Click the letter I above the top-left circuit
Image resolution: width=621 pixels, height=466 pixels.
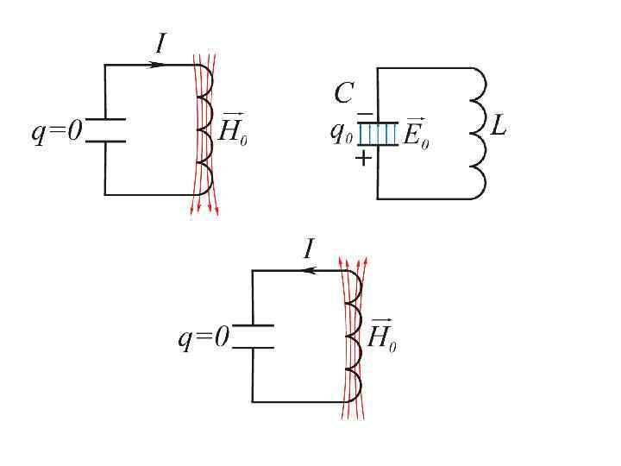click(x=160, y=43)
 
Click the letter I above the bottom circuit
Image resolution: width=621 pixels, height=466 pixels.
click(x=308, y=250)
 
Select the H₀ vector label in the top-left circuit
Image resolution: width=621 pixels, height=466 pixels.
click(x=234, y=129)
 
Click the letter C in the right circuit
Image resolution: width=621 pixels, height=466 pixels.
click(x=343, y=94)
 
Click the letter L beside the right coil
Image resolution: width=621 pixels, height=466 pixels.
click(x=499, y=129)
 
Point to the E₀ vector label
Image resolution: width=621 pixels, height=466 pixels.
click(x=417, y=134)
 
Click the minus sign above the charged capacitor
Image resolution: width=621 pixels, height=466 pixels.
click(x=365, y=114)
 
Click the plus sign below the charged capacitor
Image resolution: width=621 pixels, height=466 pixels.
click(x=364, y=158)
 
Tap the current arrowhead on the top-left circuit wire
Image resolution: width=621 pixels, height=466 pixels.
click(x=155, y=65)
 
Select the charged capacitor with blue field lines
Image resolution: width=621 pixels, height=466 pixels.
click(x=378, y=134)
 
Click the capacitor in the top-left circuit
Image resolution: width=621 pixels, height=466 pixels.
click(x=105, y=130)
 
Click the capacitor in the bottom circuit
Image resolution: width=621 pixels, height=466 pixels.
click(x=253, y=337)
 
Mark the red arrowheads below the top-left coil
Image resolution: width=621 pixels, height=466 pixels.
click(x=204, y=209)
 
